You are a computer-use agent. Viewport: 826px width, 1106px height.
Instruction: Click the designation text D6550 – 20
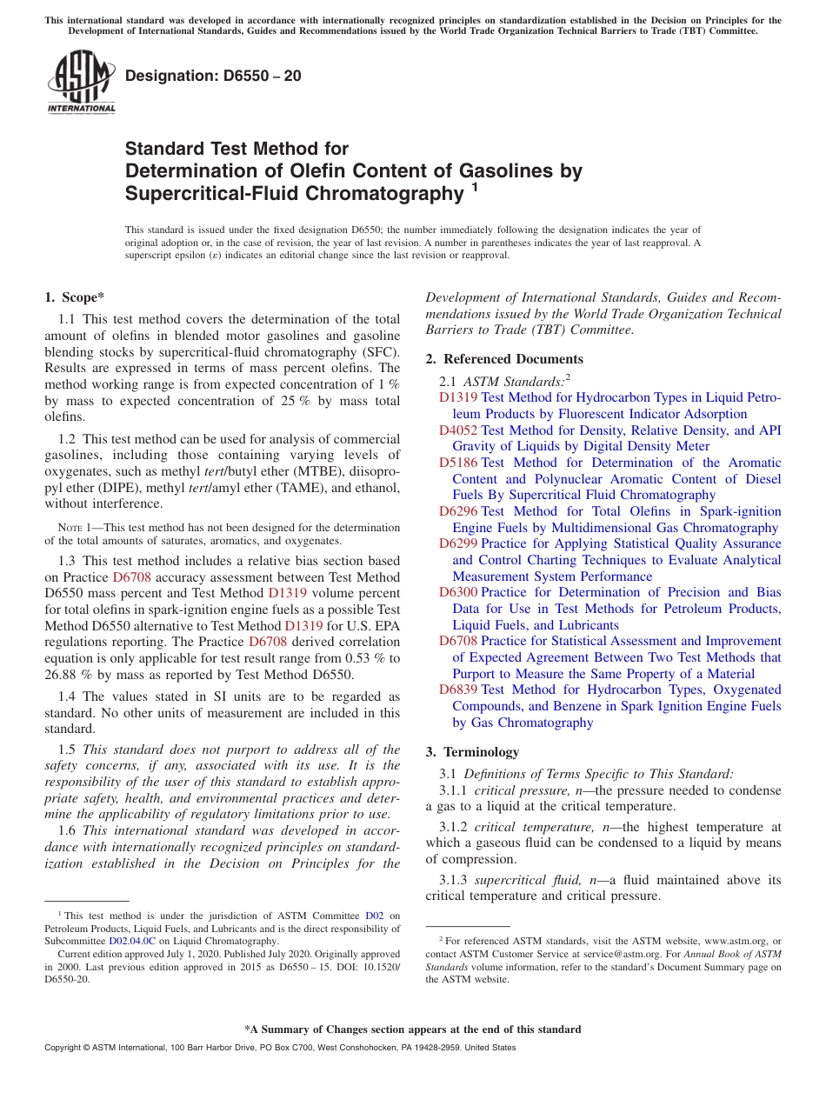click(214, 76)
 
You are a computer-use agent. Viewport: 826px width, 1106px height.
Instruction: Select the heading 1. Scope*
click(74, 297)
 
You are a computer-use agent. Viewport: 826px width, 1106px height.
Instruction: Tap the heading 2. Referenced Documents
click(504, 359)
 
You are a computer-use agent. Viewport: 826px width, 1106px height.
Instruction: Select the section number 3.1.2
click(453, 828)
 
